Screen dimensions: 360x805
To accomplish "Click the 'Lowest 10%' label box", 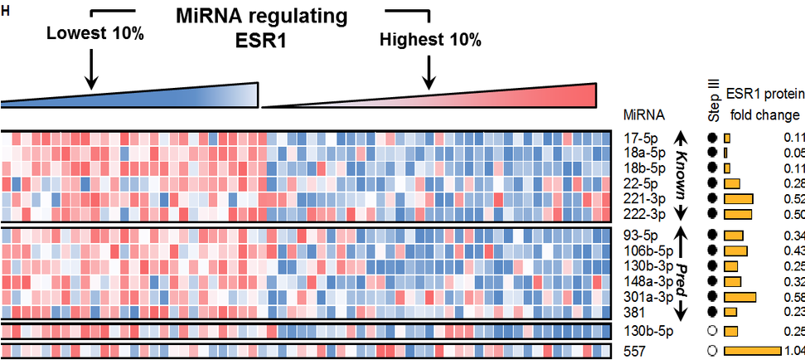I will point(94,35).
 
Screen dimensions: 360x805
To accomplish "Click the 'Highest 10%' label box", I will point(430,39).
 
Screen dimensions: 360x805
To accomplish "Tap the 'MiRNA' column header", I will point(640,114).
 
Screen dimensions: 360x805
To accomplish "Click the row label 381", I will point(633,312).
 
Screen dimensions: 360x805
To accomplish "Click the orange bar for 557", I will point(753,351).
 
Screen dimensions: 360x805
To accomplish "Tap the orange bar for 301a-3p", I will point(740,296).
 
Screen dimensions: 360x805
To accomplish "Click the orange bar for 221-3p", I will point(738,199).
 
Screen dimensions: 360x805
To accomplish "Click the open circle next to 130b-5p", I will point(711,331).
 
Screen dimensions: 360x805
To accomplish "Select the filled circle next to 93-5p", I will point(711,236).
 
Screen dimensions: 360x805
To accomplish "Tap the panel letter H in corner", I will point(6,11).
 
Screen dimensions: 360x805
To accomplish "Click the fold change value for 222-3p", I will point(793,214).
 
